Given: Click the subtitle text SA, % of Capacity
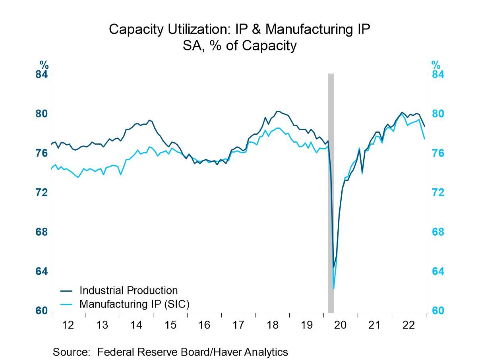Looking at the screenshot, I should point(240,46).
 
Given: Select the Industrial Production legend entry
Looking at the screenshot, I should point(128,290).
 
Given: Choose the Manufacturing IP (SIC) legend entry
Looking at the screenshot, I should point(134,304).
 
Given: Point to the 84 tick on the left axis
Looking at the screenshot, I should point(42,75).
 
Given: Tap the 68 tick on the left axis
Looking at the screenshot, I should point(42,232).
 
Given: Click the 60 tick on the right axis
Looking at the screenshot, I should point(438,311).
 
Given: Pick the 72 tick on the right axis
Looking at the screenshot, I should point(438,193).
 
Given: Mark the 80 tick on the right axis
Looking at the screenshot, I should point(438,114).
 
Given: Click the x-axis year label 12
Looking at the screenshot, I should point(68,325).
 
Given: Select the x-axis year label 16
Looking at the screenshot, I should point(204,325).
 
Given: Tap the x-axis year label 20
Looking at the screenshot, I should point(340,325).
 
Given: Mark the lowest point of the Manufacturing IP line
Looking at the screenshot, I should point(334,289).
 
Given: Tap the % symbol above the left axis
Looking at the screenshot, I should point(44,65).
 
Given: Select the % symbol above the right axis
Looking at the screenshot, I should point(436,65).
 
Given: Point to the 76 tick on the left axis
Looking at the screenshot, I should point(42,153).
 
